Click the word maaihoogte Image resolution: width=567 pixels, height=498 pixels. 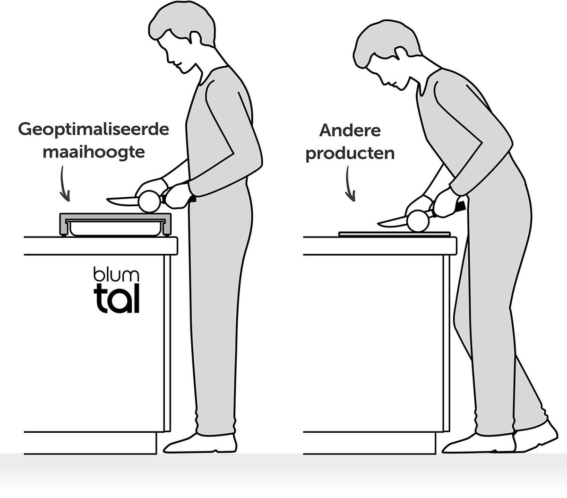tap(94, 153)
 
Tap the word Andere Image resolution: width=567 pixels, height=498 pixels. tap(350, 131)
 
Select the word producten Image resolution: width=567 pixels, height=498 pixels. tap(350, 154)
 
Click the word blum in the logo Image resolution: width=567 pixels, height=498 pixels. tap(116, 274)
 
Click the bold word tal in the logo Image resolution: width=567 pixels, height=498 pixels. tap(116, 299)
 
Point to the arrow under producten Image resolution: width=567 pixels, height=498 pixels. tap(350, 183)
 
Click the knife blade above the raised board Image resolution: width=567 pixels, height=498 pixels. tap(122, 201)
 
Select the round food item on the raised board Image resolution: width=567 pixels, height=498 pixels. tap(150, 201)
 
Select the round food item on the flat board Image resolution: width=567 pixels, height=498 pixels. tap(418, 221)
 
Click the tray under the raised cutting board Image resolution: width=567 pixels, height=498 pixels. tap(115, 229)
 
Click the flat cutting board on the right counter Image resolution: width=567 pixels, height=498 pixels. tap(395, 234)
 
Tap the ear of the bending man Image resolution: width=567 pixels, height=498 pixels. tap(401, 54)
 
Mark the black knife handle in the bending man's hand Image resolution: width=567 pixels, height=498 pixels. tap(460, 207)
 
